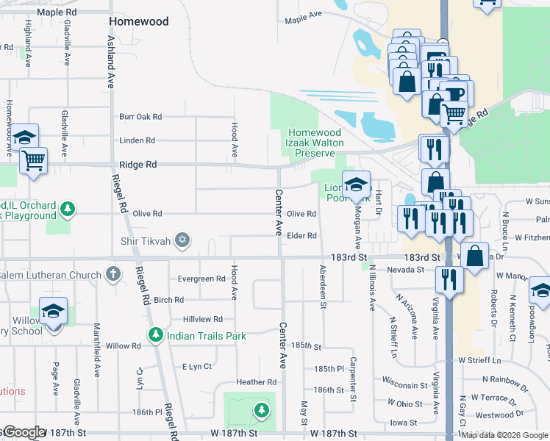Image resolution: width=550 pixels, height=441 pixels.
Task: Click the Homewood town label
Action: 139,21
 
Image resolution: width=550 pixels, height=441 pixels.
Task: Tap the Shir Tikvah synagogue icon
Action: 182,240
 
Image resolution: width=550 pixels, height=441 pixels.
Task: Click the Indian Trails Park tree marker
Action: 155,336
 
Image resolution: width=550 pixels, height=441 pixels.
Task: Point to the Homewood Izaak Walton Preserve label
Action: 315,143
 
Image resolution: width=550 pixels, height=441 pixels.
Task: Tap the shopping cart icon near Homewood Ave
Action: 33,160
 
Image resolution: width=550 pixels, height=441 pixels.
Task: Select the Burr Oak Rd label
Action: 140,116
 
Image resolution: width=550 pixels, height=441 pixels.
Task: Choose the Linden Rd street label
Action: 138,140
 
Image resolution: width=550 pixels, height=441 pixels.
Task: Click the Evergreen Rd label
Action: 201,279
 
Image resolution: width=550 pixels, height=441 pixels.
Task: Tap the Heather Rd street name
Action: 256,382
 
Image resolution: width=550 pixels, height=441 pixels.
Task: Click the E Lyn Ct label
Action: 196,366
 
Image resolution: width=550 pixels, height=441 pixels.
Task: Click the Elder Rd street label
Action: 301,236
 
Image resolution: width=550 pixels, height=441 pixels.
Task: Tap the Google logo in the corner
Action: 24,432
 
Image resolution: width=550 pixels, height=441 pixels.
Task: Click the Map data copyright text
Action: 505,435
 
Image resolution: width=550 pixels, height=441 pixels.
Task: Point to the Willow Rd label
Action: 123,345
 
